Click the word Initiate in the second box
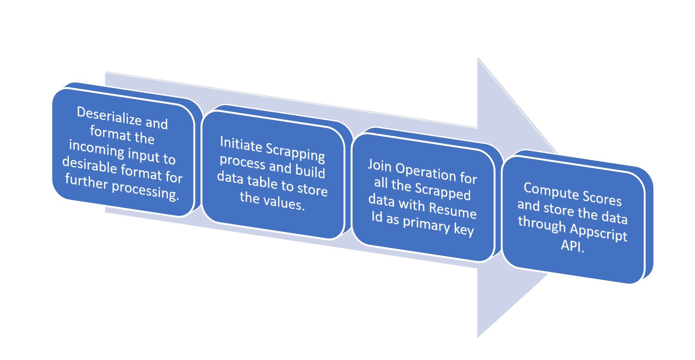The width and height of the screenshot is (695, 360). pyautogui.click(x=241, y=144)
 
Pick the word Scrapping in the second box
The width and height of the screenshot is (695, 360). pyautogui.click(x=296, y=153)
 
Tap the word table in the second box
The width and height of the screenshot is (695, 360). pyautogui.click(x=262, y=182)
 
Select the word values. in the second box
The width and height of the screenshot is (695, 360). pyautogui.click(x=284, y=203)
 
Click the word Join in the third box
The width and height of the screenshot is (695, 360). pyautogui.click(x=379, y=165)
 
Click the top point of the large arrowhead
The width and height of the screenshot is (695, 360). pyautogui.click(x=478, y=58)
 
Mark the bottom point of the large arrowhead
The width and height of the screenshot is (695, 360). pyautogui.click(x=478, y=337)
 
